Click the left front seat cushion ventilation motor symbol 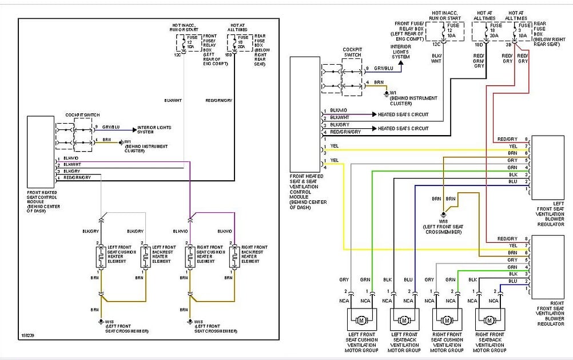click(x=361, y=319)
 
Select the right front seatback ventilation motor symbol click(x=490, y=319)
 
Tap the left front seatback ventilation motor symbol click(x=404, y=319)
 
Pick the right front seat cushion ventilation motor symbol click(x=447, y=319)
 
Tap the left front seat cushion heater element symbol click(x=101, y=257)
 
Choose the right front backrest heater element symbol click(x=234, y=257)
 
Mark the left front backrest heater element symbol click(x=145, y=257)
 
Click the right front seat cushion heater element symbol click(x=190, y=257)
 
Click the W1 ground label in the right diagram click(x=393, y=93)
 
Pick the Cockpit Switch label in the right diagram click(x=352, y=52)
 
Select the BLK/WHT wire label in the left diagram click(x=173, y=101)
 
